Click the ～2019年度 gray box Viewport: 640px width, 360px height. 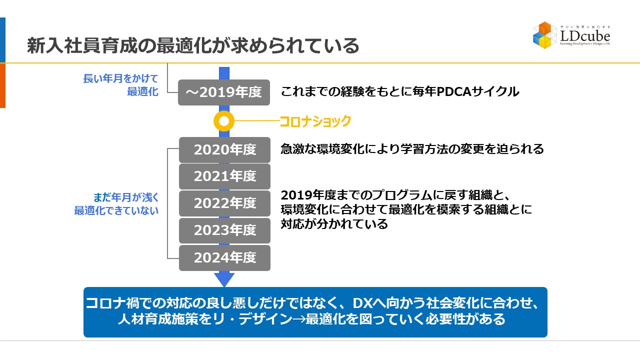pyautogui.click(x=224, y=92)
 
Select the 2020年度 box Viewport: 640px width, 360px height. pyautogui.click(x=224, y=149)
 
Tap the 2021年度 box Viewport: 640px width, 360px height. pyautogui.click(x=224, y=176)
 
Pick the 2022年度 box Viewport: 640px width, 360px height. pyautogui.click(x=224, y=203)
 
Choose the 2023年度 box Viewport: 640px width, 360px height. pyautogui.click(x=224, y=230)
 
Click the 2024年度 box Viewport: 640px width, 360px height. pyautogui.click(x=224, y=258)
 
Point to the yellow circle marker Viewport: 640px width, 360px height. pyautogui.click(x=224, y=121)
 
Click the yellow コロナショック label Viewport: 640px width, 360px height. pyautogui.click(x=315, y=121)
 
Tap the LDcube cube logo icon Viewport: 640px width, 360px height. pyautogui.click(x=544, y=35)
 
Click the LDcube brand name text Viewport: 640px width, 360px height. pyautogui.click(x=585, y=36)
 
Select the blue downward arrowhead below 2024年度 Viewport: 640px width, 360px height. pyautogui.click(x=224, y=279)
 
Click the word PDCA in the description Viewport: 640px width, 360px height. pyautogui.click(x=453, y=92)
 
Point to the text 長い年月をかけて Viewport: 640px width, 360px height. pyautogui.click(x=120, y=79)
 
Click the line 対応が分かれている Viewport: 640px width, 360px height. pyautogui.click(x=334, y=223)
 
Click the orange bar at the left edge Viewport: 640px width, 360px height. pyautogui.click(x=2, y=85)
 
